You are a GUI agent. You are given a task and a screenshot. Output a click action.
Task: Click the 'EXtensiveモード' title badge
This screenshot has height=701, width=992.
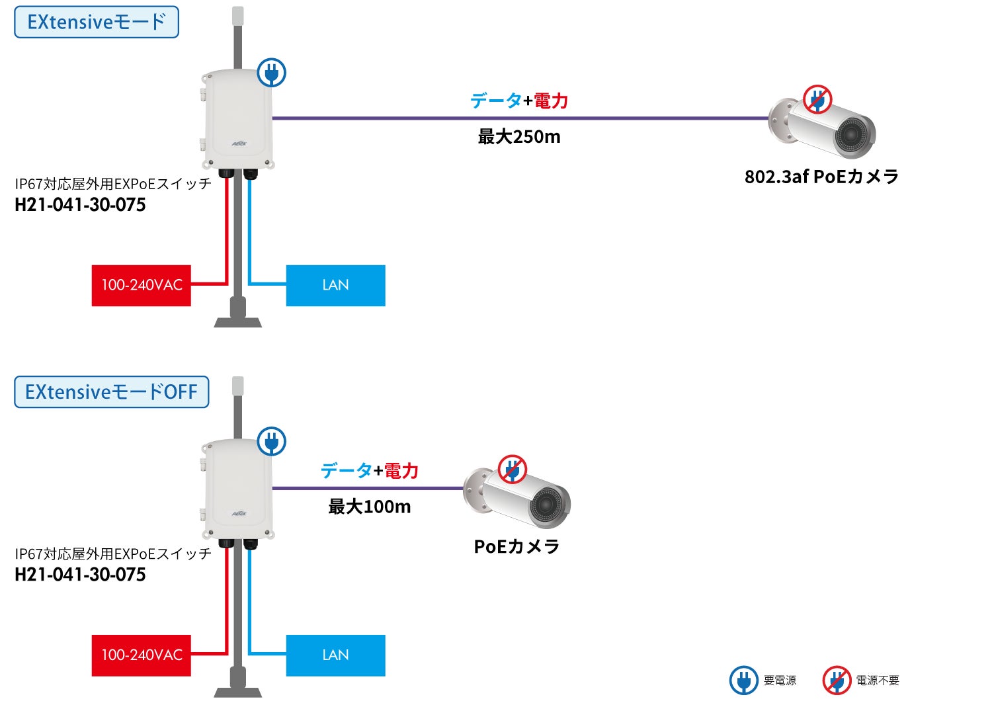click(97, 22)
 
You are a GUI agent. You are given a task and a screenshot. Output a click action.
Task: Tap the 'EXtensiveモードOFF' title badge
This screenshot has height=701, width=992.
click(111, 392)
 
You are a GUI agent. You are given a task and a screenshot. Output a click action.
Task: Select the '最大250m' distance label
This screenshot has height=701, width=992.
click(519, 137)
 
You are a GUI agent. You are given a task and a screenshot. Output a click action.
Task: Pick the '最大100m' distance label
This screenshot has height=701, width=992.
click(370, 507)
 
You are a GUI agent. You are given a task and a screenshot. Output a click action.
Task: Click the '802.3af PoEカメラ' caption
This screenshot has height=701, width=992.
click(821, 177)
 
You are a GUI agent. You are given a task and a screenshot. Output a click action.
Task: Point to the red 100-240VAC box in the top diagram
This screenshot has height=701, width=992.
click(141, 286)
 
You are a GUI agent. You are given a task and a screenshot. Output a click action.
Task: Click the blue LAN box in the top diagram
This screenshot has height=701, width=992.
click(335, 286)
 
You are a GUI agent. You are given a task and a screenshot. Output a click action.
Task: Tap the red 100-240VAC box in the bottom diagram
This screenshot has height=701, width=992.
click(141, 655)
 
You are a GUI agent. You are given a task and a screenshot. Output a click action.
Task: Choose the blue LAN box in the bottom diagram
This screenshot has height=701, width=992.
click(335, 655)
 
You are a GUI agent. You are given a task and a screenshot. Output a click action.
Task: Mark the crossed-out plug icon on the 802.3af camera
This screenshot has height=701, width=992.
click(817, 100)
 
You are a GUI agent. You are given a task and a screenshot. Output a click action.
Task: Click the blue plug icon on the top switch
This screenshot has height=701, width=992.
click(271, 72)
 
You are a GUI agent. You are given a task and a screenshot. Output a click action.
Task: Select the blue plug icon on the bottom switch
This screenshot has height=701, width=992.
click(271, 441)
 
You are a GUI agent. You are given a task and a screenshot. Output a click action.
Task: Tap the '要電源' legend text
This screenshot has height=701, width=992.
click(780, 680)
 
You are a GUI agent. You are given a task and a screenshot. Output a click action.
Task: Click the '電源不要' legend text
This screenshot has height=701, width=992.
click(878, 680)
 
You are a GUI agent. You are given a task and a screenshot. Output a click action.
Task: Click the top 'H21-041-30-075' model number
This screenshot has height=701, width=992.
click(80, 205)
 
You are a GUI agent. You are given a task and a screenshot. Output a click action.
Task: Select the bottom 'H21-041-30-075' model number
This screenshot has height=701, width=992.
click(80, 575)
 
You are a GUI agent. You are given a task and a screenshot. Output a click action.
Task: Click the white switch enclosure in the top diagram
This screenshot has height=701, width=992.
click(237, 119)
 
